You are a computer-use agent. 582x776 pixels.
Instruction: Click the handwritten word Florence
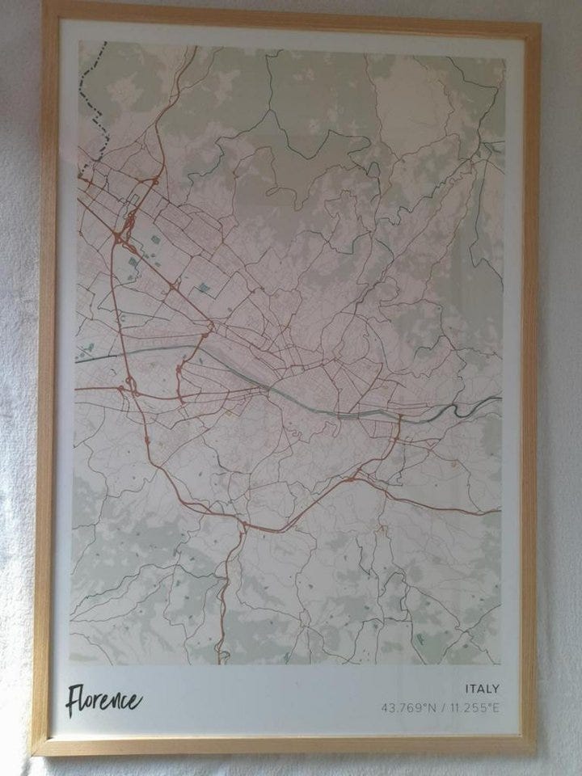tap(103, 700)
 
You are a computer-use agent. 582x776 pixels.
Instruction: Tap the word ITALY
tap(482, 690)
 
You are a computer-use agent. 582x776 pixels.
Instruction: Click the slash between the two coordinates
tap(443, 709)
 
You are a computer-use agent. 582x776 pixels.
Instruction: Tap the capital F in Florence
tap(75, 701)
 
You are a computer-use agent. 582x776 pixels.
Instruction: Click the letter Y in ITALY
tap(496, 690)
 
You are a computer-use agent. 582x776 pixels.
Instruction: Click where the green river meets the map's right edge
tap(501, 399)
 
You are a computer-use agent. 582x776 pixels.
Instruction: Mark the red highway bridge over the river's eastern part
tap(399, 418)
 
